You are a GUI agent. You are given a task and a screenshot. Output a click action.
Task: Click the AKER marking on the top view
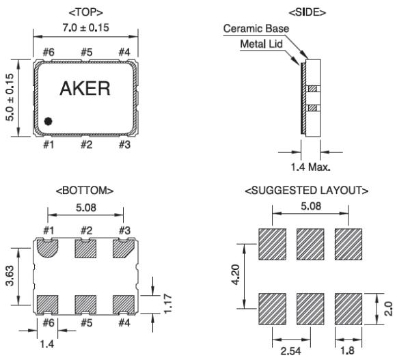click(x=85, y=88)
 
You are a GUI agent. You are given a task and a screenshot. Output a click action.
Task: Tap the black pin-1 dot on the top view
click(x=48, y=121)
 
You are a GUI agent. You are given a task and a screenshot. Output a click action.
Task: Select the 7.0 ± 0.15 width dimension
click(x=86, y=27)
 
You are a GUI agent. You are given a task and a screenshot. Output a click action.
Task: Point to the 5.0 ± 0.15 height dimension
click(x=10, y=98)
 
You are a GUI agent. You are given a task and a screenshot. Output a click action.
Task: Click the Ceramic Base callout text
click(x=256, y=29)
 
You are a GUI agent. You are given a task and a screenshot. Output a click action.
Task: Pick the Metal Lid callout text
click(x=261, y=44)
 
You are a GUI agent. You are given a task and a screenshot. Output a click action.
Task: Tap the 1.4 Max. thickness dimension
click(x=310, y=167)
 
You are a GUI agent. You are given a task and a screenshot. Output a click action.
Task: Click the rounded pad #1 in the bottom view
click(x=48, y=248)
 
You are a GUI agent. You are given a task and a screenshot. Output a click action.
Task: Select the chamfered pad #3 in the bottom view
click(x=123, y=249)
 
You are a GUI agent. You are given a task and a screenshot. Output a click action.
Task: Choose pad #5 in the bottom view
click(x=85, y=305)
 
